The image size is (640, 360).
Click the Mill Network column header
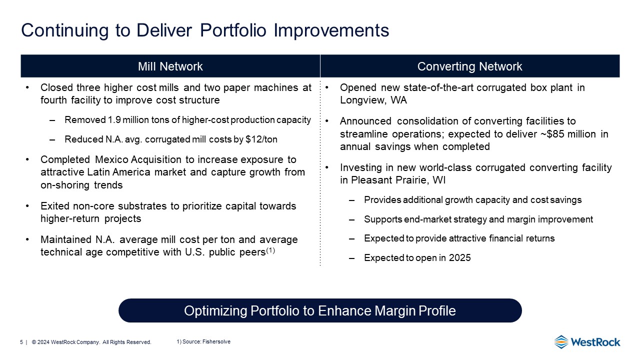pos(170,66)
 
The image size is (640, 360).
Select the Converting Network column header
pos(469,66)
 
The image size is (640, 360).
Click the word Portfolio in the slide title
pos(233,30)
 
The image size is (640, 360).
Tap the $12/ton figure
pos(261,139)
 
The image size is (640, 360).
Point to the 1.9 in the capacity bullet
pos(114,119)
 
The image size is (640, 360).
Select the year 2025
pos(459,257)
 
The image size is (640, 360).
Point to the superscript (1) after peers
pos(270,250)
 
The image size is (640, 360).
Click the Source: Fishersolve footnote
pos(203,341)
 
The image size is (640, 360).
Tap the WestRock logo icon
pos(561,342)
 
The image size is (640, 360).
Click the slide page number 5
pos(21,342)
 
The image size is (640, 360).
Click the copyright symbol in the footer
pos(33,342)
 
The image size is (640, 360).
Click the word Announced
pos(365,121)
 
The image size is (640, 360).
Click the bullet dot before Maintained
pos(27,239)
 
